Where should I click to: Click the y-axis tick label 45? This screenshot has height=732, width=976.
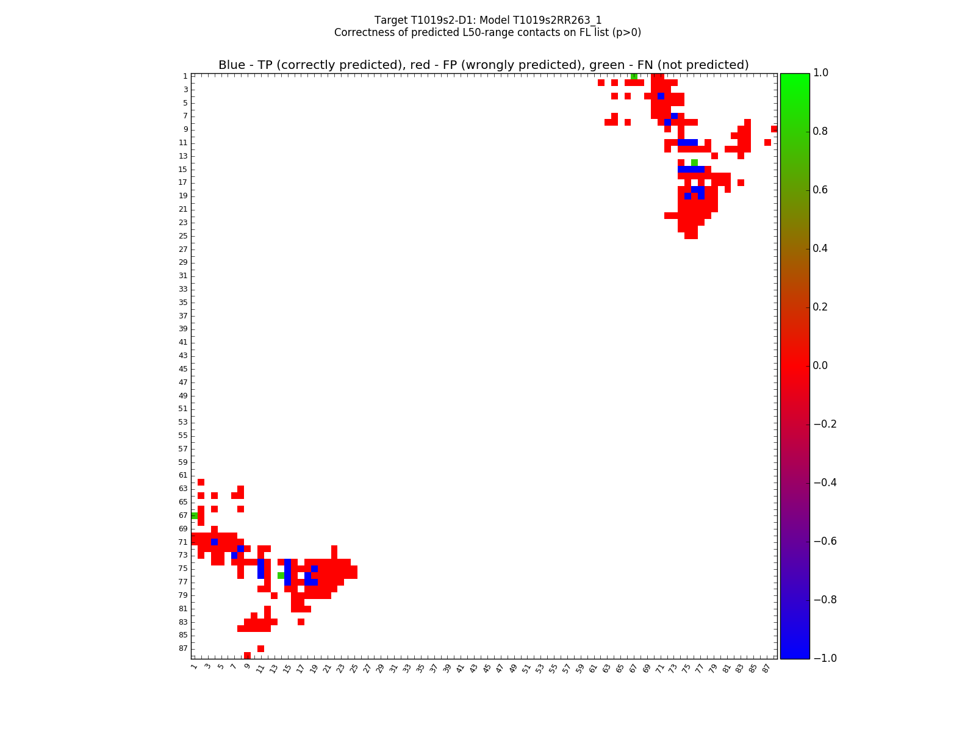(183, 369)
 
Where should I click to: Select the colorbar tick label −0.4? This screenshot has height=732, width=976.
(824, 483)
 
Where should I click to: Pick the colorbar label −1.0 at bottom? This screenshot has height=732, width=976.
(824, 658)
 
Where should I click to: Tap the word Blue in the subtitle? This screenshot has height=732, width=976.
(232, 65)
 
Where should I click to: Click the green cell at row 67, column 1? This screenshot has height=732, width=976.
(194, 515)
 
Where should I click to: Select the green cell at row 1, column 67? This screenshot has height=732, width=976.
(634, 76)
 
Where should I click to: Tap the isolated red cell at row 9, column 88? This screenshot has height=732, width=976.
(774, 129)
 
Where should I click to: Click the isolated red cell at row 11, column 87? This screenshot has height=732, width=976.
(767, 142)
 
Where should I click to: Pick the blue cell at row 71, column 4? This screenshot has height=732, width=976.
(214, 542)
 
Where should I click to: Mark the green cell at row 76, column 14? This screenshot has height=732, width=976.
(281, 575)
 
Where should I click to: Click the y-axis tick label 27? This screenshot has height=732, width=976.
(183, 249)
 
